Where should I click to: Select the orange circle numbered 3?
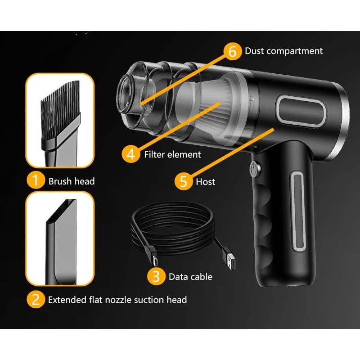(156, 276)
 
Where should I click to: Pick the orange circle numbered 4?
(130, 154)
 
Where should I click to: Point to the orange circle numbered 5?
(183, 181)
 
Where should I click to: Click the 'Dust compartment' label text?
(283, 51)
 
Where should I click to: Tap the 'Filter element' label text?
(172, 154)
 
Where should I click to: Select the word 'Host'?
(206, 182)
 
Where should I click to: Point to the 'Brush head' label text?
(72, 181)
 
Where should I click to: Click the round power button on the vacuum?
(255, 169)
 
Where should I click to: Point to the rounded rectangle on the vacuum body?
(301, 109)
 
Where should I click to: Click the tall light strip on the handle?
(299, 211)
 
